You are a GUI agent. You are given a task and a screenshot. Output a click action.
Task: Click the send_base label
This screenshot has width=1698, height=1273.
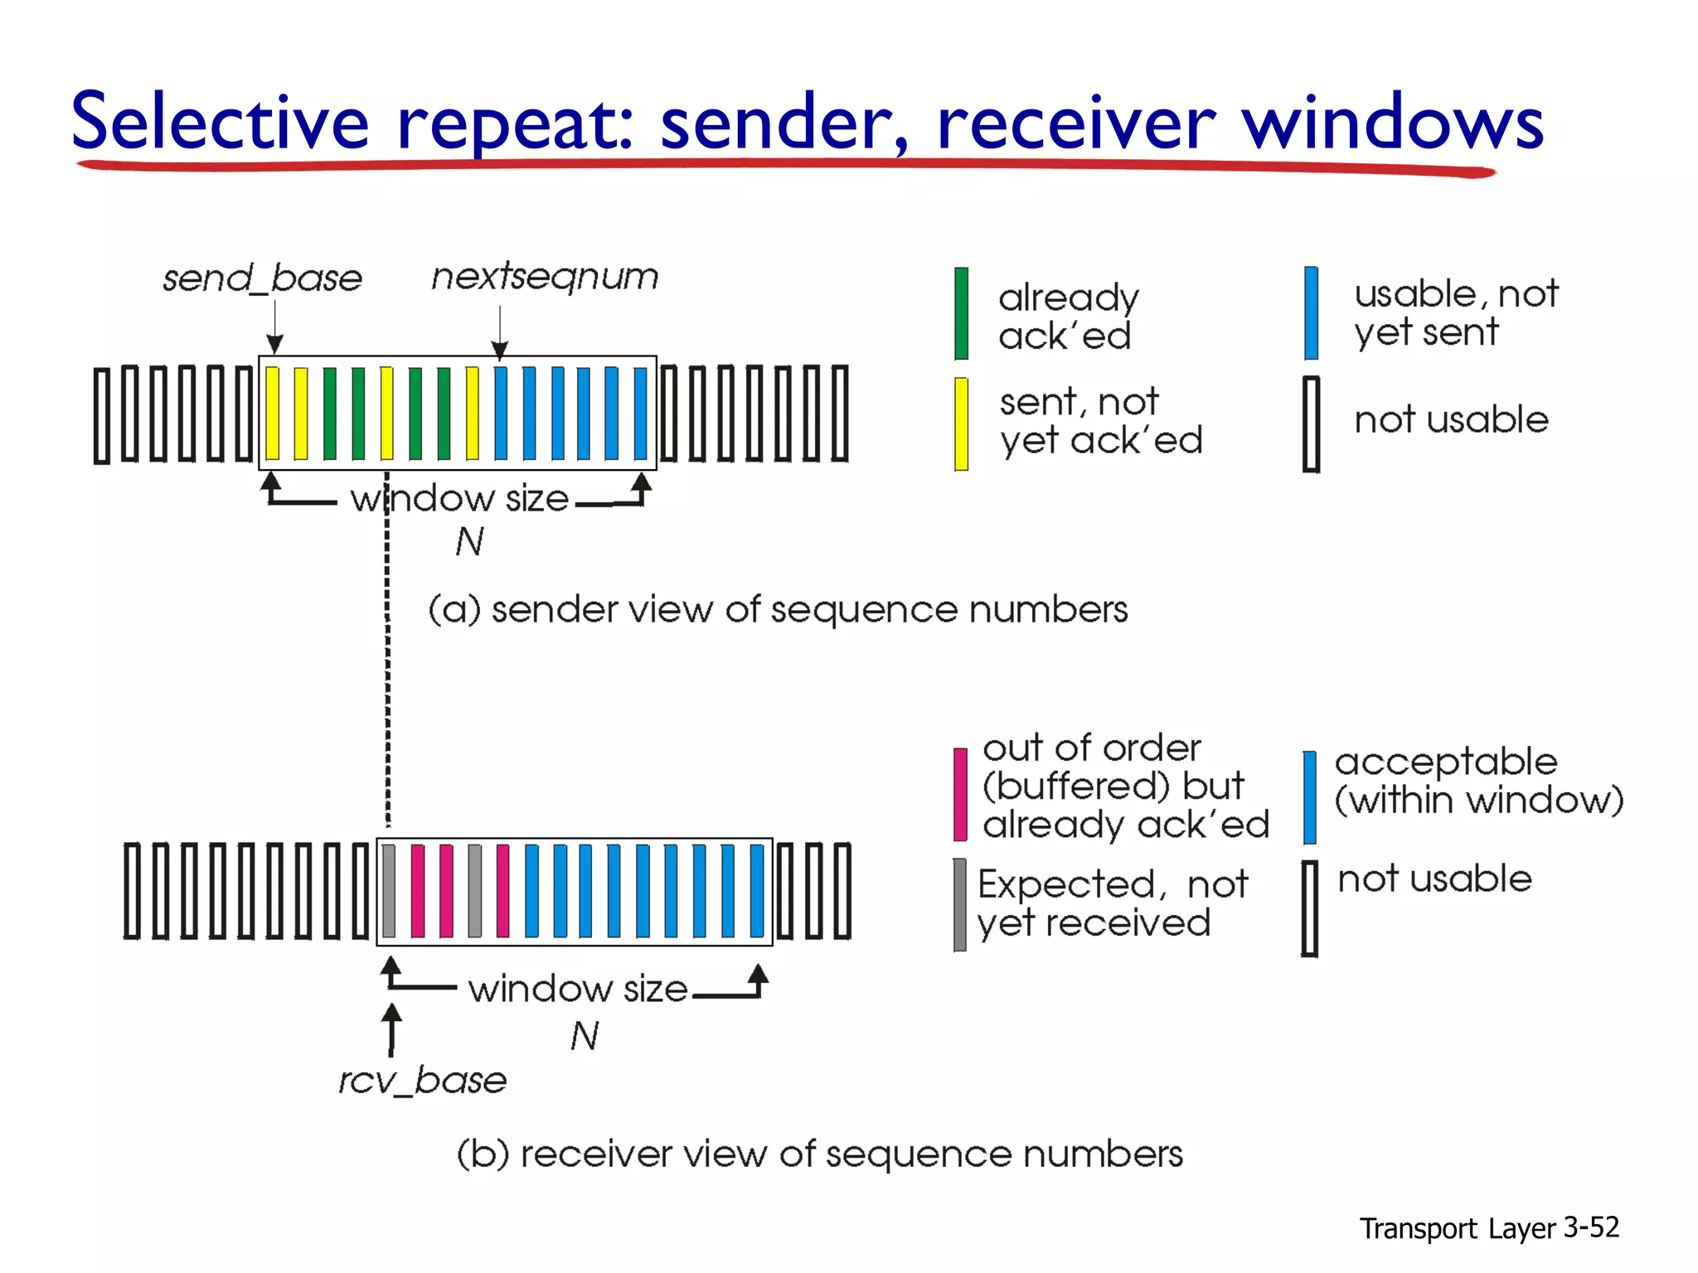[x=262, y=278]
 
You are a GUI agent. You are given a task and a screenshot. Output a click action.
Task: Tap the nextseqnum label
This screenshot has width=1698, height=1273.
[x=545, y=277]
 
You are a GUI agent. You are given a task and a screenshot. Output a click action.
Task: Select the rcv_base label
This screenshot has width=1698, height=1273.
[x=422, y=1081]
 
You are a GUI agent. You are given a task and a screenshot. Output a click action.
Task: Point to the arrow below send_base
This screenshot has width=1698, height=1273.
[x=275, y=328]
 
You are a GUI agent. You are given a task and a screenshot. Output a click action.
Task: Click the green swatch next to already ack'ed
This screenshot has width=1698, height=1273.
[x=961, y=313]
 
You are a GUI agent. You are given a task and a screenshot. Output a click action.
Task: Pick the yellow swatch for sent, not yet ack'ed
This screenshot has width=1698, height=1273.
[x=961, y=424]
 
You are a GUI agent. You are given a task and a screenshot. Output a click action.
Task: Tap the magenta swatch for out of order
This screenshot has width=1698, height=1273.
[x=960, y=794]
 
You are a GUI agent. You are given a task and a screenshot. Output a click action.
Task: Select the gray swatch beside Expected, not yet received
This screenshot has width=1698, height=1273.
[x=959, y=904]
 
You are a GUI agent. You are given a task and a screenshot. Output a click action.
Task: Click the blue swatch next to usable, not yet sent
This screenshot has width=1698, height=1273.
[x=1311, y=313]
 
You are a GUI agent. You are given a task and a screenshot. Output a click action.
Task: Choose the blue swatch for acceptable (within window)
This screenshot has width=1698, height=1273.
[x=1309, y=797]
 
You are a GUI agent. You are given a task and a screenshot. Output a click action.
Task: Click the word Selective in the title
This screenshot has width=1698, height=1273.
[x=220, y=123]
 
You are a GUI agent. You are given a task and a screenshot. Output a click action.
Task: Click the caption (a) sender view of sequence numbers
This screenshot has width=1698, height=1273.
[x=778, y=610]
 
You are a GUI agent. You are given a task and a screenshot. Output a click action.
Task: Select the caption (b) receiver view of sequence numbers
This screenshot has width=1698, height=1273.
[x=819, y=1154]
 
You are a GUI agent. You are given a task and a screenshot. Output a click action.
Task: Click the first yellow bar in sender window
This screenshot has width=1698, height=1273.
[x=272, y=413]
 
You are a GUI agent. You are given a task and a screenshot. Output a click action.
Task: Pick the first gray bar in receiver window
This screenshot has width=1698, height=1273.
[x=389, y=891]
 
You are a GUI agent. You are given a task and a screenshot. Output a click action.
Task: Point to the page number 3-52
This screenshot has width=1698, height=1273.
[x=1590, y=1227]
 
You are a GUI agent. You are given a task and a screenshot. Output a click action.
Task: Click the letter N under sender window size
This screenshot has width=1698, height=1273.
[x=469, y=542]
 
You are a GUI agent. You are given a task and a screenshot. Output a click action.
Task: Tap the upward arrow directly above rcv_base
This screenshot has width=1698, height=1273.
[x=391, y=1029]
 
